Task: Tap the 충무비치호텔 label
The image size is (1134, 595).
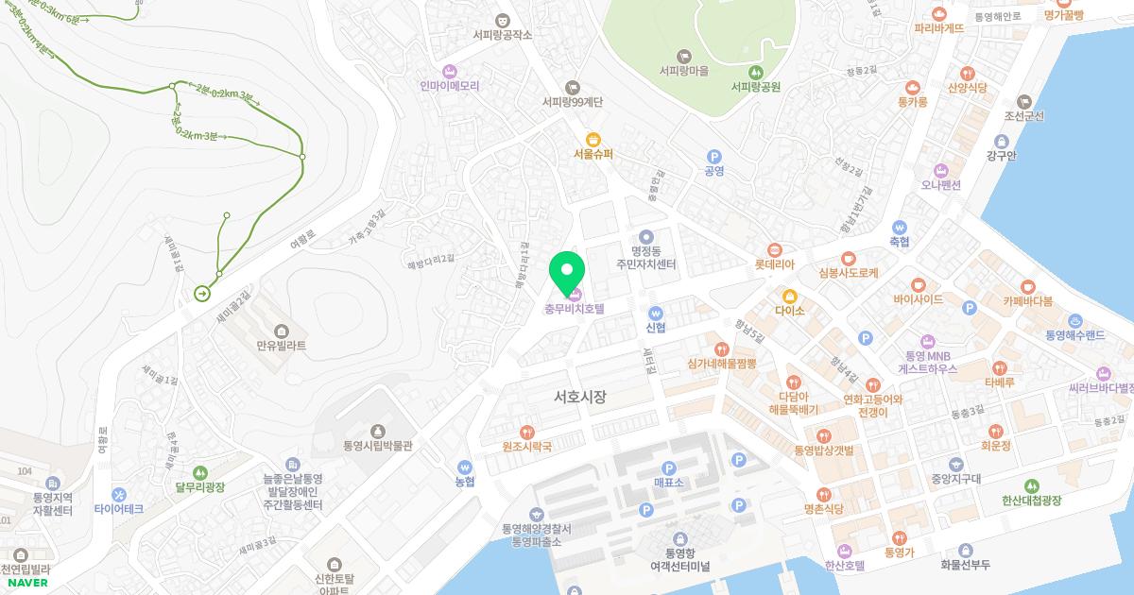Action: pyautogui.click(x=574, y=308)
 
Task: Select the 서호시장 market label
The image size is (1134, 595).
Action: pyautogui.click(x=580, y=398)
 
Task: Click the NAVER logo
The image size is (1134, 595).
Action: pyautogui.click(x=26, y=583)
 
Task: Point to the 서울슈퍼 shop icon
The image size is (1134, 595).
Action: pyautogui.click(x=593, y=139)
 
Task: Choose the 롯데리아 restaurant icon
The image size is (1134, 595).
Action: pyautogui.click(x=775, y=250)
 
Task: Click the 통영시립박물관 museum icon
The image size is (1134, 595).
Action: pyautogui.click(x=379, y=431)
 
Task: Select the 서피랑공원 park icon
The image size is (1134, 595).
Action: pyautogui.click(x=755, y=72)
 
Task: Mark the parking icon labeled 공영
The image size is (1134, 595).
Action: pyautogui.click(x=714, y=157)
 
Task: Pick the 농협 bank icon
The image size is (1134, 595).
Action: pyautogui.click(x=464, y=467)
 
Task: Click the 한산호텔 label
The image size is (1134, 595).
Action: pyautogui.click(x=845, y=566)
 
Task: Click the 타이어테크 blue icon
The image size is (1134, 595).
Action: pyautogui.click(x=119, y=494)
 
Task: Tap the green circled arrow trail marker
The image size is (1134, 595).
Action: pyautogui.click(x=202, y=294)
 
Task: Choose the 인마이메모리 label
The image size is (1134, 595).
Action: pyautogui.click(x=450, y=85)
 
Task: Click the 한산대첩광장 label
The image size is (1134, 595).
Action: pyautogui.click(x=1032, y=500)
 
